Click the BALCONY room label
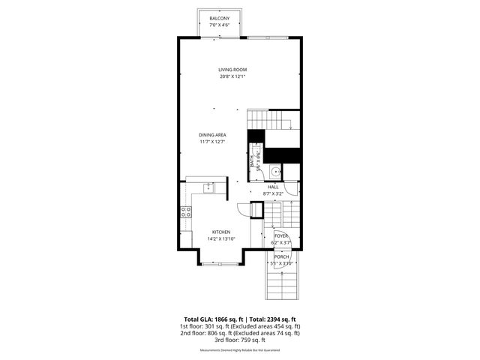pos(220,17)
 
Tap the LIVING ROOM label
pos(232,70)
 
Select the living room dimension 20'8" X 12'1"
pos(232,76)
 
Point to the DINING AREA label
pos(213,135)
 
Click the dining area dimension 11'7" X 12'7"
pos(213,142)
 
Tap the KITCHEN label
pos(220,232)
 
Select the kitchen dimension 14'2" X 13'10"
pos(220,238)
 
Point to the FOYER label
pos(280,235)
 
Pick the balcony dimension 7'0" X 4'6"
pos(220,24)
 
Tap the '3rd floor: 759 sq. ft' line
pos(239,340)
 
